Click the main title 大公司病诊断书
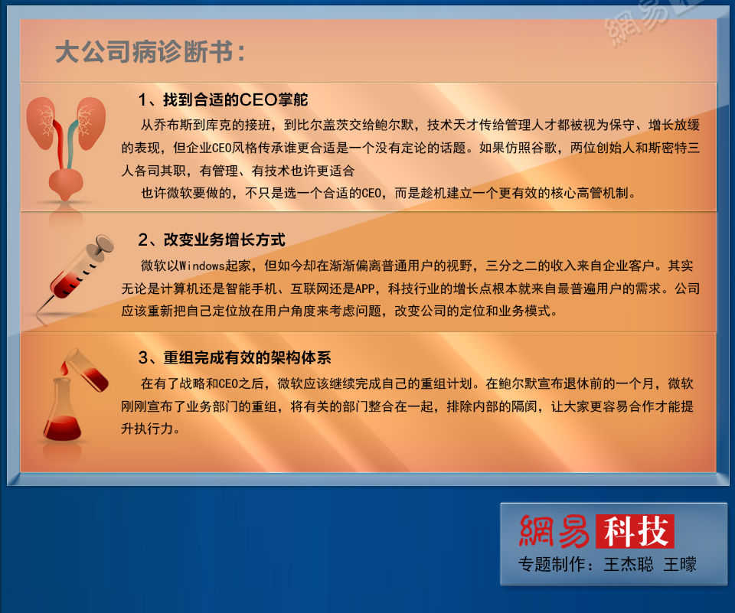pos(150,53)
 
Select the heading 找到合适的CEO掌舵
pos(223,100)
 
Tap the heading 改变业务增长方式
pos(212,240)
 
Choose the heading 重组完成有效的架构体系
pos(235,357)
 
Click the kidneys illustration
pos(66,142)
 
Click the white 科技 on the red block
pos(635,531)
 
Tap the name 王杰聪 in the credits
pos(629,565)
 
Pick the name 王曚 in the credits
pos(680,565)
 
